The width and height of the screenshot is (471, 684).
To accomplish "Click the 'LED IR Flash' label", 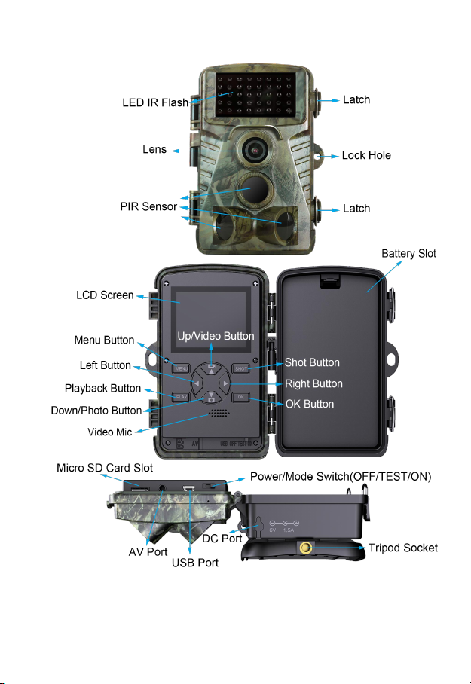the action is (155, 102).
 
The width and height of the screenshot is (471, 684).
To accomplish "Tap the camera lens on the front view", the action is (255, 149).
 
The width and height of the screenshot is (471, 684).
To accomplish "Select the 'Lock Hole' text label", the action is (366, 156).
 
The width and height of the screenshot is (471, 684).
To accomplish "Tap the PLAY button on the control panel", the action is (181, 396).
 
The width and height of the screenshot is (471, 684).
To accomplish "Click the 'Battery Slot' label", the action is (407, 254).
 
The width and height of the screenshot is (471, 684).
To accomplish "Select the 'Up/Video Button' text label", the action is (216, 335).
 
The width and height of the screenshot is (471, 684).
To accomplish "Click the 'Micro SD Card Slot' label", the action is (105, 468).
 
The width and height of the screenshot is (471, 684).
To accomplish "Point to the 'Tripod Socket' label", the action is (402, 548).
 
